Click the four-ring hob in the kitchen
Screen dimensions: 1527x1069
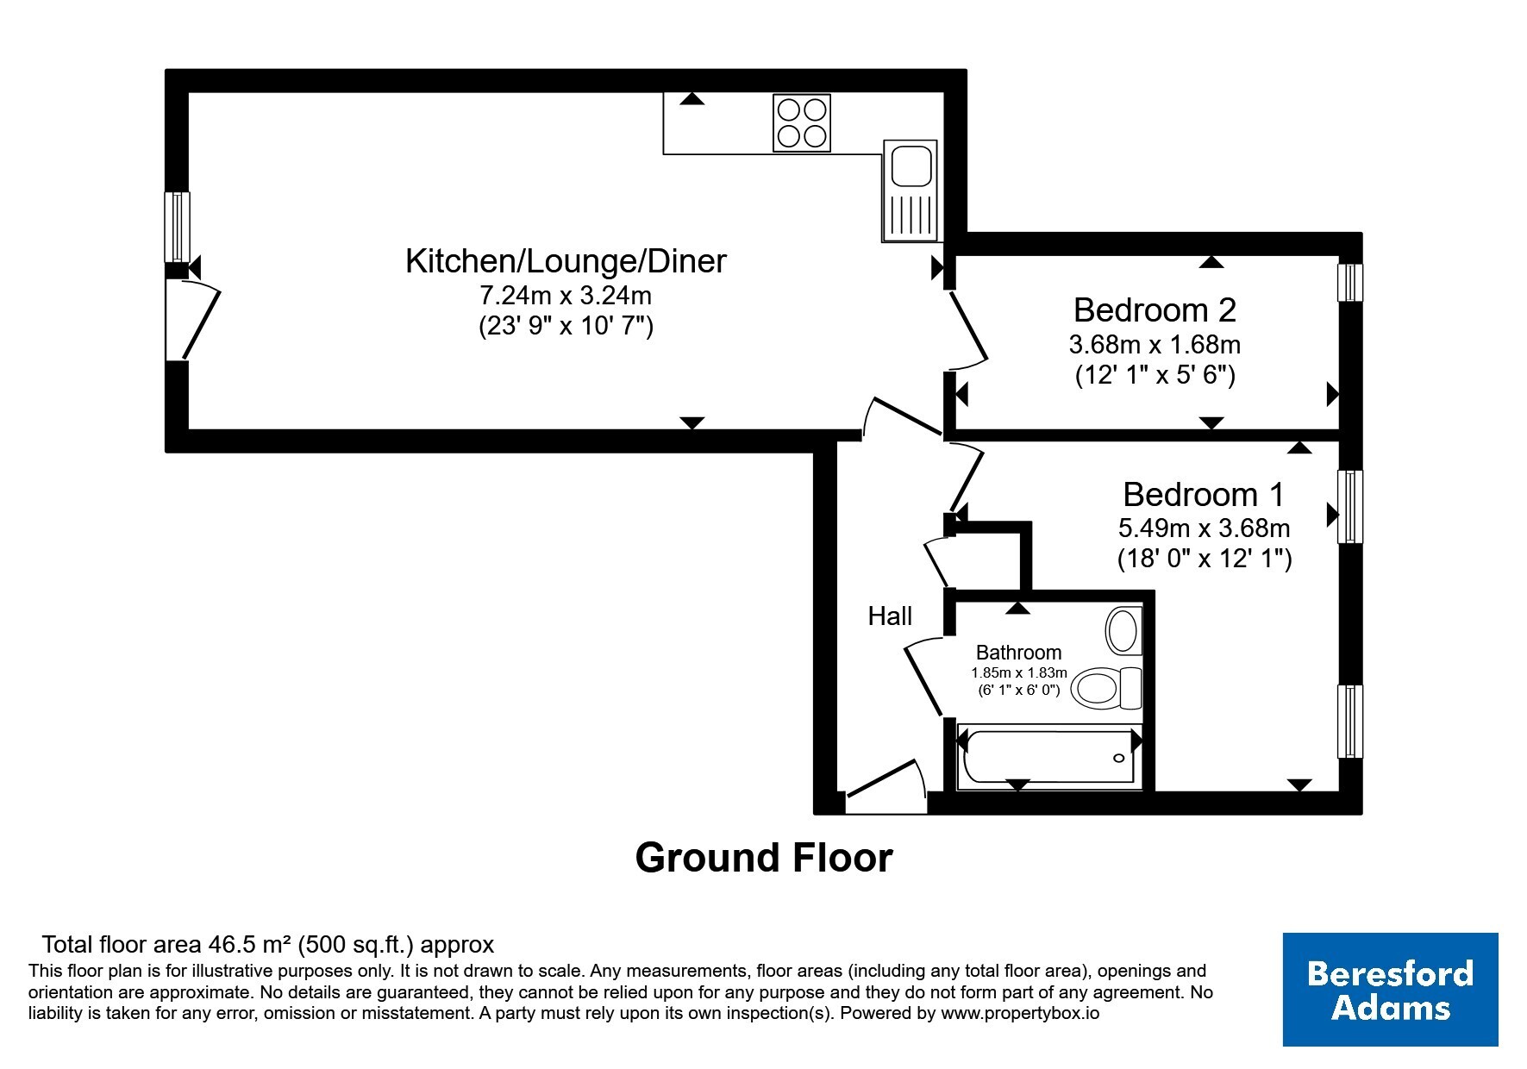pos(802,123)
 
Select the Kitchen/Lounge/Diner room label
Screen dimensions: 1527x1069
pos(566,260)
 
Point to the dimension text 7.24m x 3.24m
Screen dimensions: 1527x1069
pos(566,296)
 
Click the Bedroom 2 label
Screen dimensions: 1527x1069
pos(1155,309)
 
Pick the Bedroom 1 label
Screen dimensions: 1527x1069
pos(1204,495)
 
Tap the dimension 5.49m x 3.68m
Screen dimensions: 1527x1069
pos(1204,527)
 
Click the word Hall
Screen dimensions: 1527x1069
pos(890,616)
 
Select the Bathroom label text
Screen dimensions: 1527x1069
pos(1018,653)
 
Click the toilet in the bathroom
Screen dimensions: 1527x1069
pos(1107,688)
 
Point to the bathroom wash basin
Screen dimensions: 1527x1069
pos(1123,630)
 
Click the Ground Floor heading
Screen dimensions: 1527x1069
pos(764,858)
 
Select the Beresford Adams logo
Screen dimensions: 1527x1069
pos(1390,990)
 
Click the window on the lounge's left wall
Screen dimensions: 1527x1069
pos(178,226)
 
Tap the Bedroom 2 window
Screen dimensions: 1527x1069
pos(1350,282)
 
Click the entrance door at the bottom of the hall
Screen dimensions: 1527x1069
pos(886,787)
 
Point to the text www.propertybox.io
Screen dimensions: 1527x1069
pos(1020,1014)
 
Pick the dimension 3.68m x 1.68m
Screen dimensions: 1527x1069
pos(1155,345)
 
